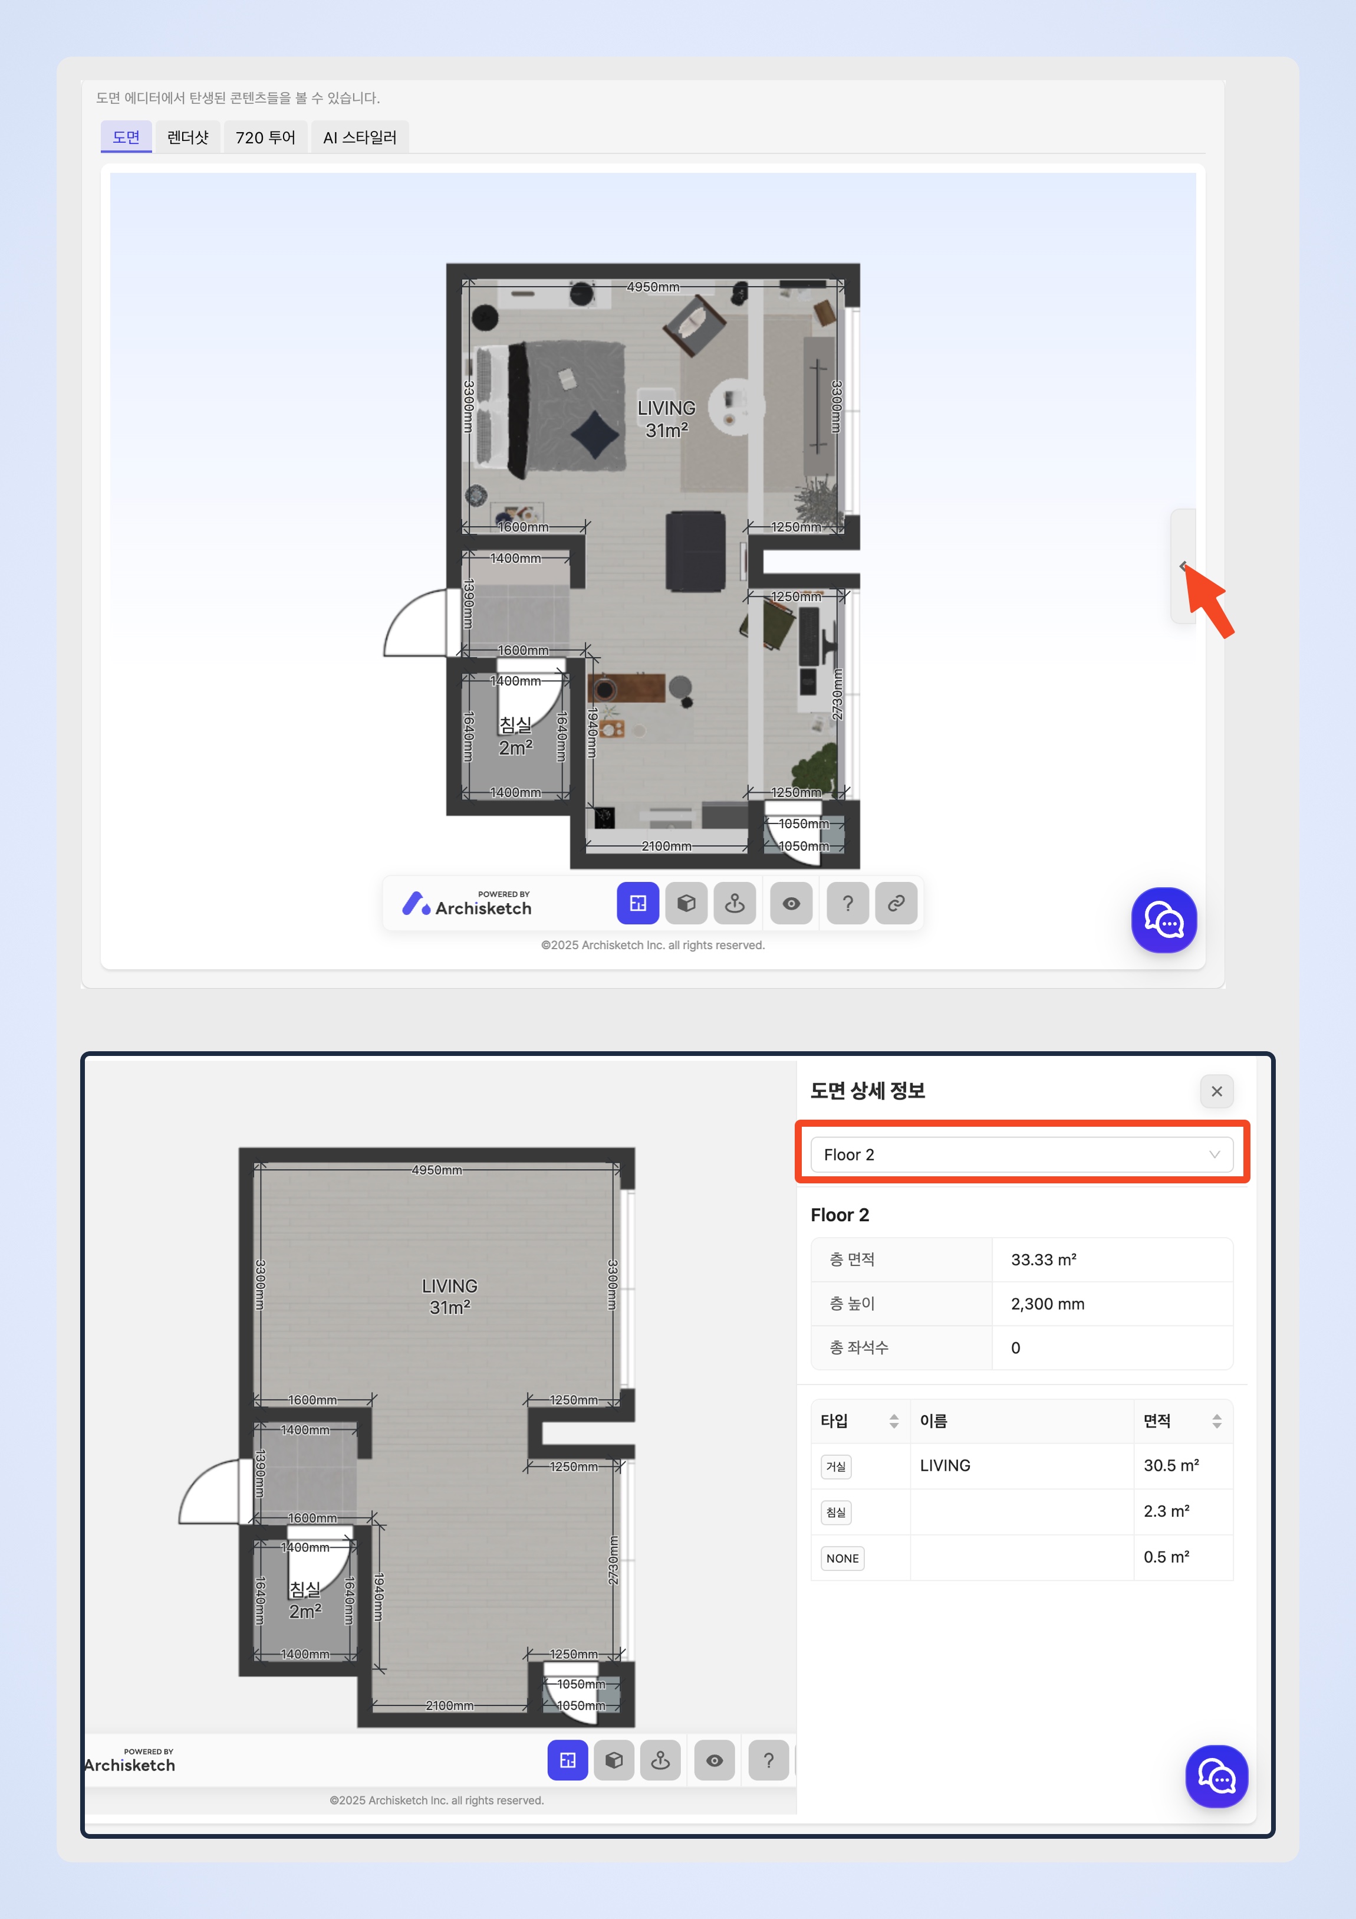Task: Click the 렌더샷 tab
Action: point(188,137)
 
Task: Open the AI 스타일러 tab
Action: point(360,137)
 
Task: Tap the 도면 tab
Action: point(126,137)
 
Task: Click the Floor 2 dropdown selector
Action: point(1021,1154)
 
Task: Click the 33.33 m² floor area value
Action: point(1044,1259)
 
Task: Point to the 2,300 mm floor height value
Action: point(1048,1304)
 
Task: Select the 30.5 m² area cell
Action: point(1171,1465)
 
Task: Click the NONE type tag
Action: point(842,1558)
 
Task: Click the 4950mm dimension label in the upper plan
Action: point(653,287)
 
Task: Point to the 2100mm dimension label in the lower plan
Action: point(449,1705)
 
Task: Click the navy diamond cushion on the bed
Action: point(595,434)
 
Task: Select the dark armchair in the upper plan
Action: point(695,552)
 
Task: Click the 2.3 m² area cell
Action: point(1166,1511)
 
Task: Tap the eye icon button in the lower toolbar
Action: point(715,1760)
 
